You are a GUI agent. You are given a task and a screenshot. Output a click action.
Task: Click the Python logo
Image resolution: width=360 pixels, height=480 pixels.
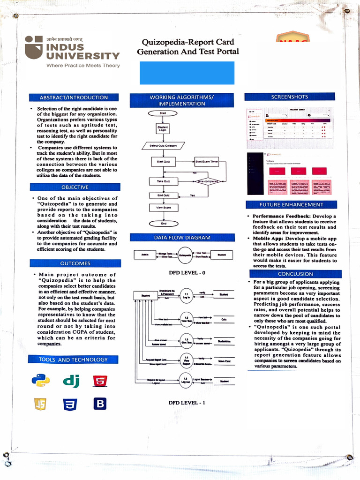click(41, 380)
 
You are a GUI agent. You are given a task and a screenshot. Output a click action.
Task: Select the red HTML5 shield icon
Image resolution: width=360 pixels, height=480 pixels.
click(99, 381)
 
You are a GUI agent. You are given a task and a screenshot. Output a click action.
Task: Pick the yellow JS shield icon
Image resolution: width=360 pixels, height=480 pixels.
click(40, 404)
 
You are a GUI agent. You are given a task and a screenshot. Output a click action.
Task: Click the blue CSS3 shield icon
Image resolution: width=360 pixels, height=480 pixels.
click(70, 404)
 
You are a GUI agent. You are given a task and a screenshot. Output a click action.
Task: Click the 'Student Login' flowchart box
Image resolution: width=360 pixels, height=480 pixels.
click(163, 128)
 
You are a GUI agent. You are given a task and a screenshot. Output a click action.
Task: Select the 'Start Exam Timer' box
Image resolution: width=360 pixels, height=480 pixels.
click(207, 162)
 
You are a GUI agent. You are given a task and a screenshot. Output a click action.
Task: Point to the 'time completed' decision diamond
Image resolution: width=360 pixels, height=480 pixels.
click(207, 181)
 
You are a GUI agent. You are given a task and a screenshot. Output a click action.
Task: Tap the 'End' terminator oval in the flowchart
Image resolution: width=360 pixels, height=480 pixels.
click(163, 224)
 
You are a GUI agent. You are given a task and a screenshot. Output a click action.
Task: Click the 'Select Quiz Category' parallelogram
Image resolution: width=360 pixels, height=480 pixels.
click(163, 146)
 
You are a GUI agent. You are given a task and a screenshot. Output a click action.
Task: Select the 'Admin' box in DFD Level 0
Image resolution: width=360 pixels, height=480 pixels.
click(144, 255)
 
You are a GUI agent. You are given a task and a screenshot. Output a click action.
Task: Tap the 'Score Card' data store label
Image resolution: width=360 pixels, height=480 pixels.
click(224, 361)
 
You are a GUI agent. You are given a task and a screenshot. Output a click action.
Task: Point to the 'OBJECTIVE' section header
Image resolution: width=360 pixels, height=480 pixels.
click(75, 187)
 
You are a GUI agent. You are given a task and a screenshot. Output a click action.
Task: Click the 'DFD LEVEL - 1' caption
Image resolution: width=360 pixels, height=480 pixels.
click(187, 402)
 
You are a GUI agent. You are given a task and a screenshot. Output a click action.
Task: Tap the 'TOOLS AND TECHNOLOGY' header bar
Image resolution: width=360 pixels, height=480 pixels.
click(74, 360)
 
